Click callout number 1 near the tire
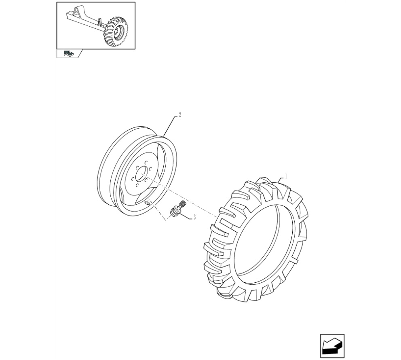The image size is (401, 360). [286, 176]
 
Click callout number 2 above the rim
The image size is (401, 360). [180, 115]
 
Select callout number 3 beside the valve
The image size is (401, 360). [194, 217]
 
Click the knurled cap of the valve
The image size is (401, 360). [183, 204]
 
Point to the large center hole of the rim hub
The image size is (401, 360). [141, 174]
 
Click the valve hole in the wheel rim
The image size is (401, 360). [147, 203]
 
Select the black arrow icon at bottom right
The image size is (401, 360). [332, 346]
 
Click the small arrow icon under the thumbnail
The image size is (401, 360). [69, 53]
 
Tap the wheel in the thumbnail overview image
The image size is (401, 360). [116, 32]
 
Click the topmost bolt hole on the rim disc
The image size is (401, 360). [146, 162]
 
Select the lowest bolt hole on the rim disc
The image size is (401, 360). [137, 185]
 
